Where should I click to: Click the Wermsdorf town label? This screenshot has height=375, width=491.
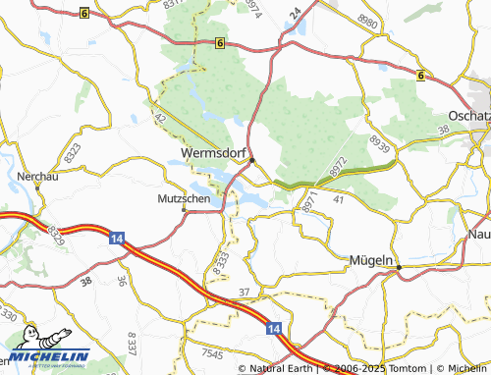pos(214,153)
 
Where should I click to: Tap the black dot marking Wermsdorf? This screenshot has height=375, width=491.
pos(252,160)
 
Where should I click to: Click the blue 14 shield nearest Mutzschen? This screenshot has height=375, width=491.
pos(117,238)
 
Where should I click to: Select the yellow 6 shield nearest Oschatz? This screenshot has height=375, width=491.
pos(419,75)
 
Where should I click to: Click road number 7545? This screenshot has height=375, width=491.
pos(210,351)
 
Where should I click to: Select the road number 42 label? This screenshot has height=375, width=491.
pos(160,117)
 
